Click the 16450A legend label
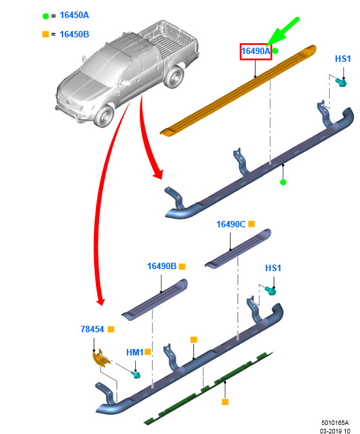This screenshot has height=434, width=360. pos(74,15)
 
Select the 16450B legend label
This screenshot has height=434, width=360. pos(74,34)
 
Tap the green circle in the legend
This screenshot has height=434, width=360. pos(46,16)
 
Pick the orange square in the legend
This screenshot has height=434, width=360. pos(46,34)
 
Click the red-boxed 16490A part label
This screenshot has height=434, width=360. pos(256,52)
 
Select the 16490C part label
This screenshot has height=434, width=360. pos(231,224)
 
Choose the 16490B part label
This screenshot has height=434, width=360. pos(162,266)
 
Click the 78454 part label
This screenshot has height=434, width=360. pos(92,329)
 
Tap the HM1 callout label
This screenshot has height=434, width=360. pos(135,352)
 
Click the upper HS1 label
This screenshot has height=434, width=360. pos(343,59)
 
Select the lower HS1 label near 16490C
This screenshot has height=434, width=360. pos(273,268)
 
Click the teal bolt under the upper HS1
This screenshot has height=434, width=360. pos(341,82)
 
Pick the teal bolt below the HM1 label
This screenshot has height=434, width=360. pos(136,375)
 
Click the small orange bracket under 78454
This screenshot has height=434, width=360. pos(101,358)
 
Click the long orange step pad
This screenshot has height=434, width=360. pos(238,91)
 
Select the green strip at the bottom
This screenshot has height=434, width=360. pos(208,388)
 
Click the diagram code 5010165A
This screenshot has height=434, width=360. pos(335,422)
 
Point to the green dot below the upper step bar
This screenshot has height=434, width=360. pos(283,182)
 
